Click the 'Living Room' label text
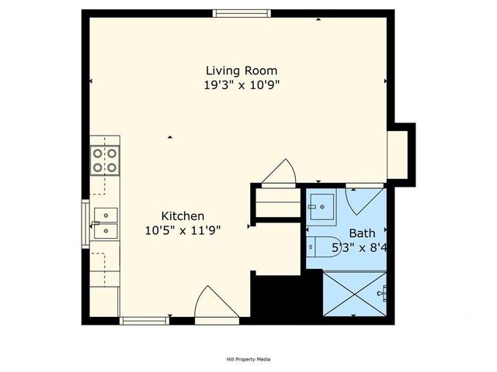[x=241, y=71]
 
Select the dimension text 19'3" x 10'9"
[x=241, y=85]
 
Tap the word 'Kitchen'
[x=182, y=215]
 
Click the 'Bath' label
[x=361, y=233]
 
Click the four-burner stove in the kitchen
[x=105, y=160]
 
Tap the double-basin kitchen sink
[x=104, y=222]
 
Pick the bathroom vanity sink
[x=320, y=205]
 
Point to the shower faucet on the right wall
[x=381, y=293]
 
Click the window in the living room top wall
[x=243, y=13]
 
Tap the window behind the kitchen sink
[x=85, y=222]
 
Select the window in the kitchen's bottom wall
[x=144, y=320]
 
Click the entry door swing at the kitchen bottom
[x=215, y=304]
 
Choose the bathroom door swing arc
[x=363, y=200]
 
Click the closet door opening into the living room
[x=279, y=174]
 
